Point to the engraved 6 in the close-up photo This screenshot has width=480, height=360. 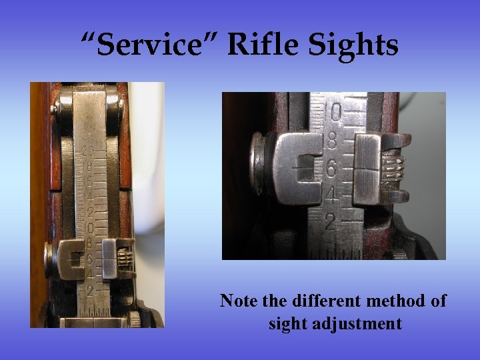point(331,169)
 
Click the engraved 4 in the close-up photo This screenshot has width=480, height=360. point(330,196)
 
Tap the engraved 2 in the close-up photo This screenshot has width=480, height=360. point(329,222)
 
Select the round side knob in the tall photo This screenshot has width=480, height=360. point(49,255)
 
